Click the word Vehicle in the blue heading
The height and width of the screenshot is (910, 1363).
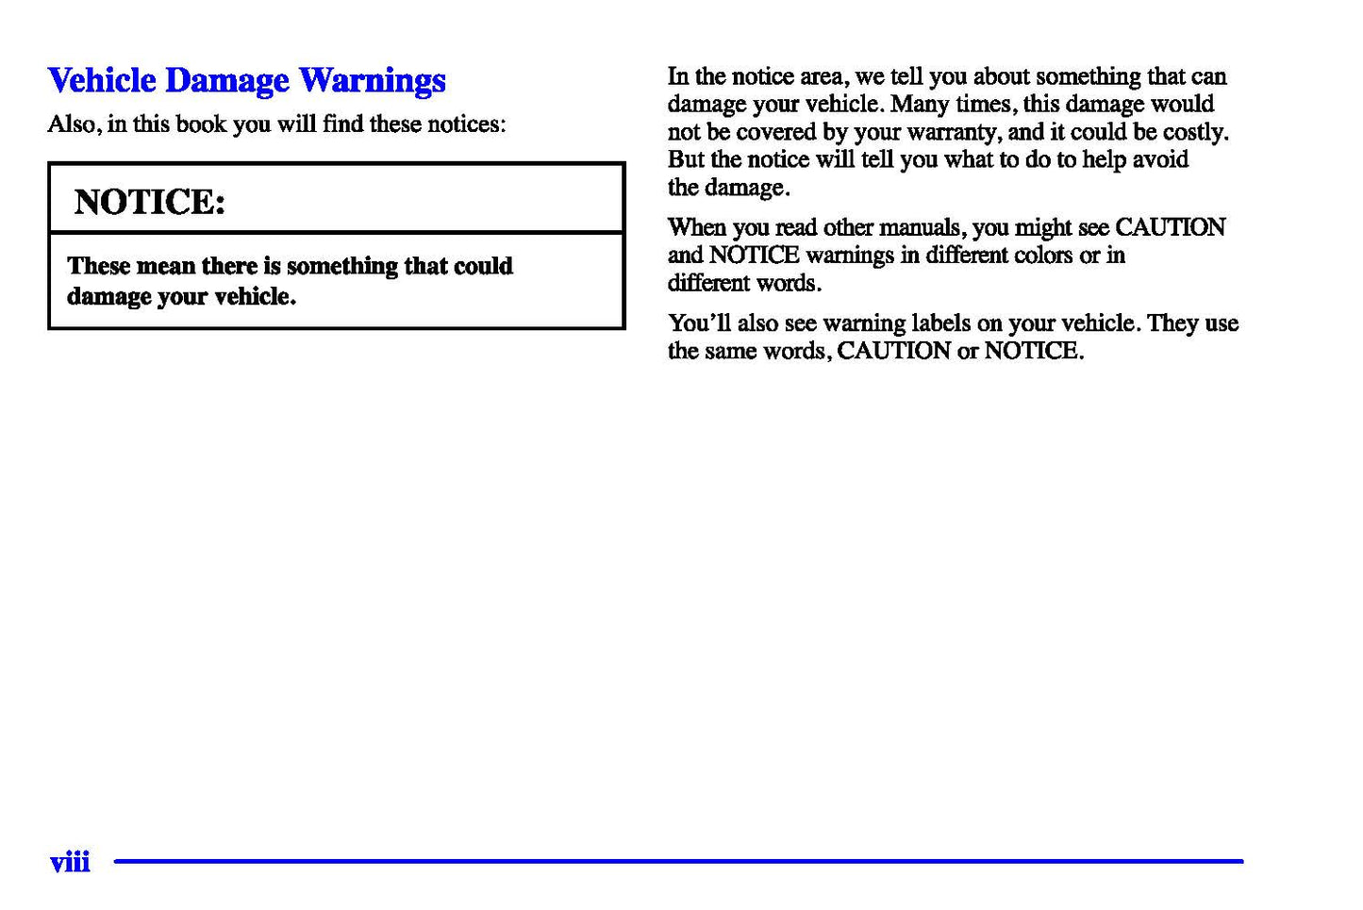[102, 80]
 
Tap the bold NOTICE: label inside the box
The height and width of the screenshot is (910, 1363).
[150, 202]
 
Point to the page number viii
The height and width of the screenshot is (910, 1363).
[70, 862]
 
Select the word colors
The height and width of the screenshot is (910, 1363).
[1042, 255]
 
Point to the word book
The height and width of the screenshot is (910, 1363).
[201, 124]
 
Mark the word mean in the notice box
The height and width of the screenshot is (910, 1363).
[165, 266]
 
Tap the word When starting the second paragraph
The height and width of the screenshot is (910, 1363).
[697, 227]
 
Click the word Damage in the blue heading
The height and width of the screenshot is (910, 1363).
[226, 82]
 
